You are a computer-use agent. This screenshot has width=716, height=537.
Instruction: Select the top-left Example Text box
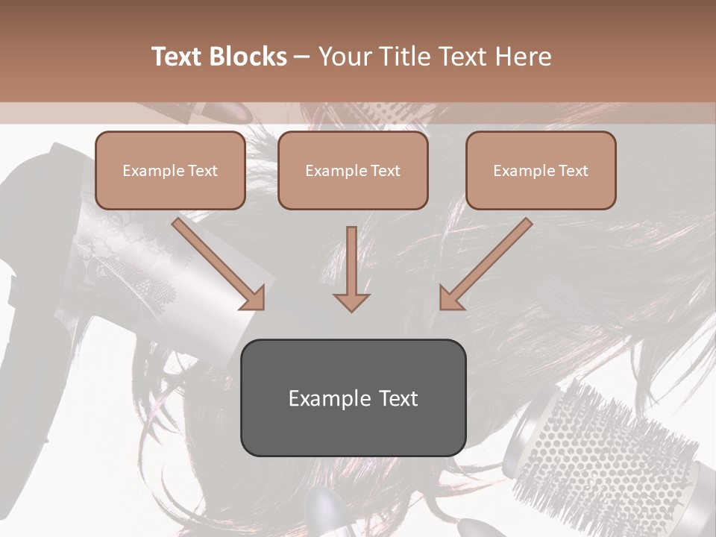[x=170, y=170]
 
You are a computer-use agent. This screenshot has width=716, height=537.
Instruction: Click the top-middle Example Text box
[x=353, y=170]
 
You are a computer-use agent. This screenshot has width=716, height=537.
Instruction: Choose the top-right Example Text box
[x=541, y=170]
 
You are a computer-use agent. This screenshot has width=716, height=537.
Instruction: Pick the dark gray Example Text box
[x=353, y=398]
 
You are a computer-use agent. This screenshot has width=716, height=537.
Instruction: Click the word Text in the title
[x=179, y=57]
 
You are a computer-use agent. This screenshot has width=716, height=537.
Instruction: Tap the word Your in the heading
[x=345, y=57]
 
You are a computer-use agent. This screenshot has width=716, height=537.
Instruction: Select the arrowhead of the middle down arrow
[x=351, y=301]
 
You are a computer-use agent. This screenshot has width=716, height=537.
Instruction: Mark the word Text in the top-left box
[x=202, y=171]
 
